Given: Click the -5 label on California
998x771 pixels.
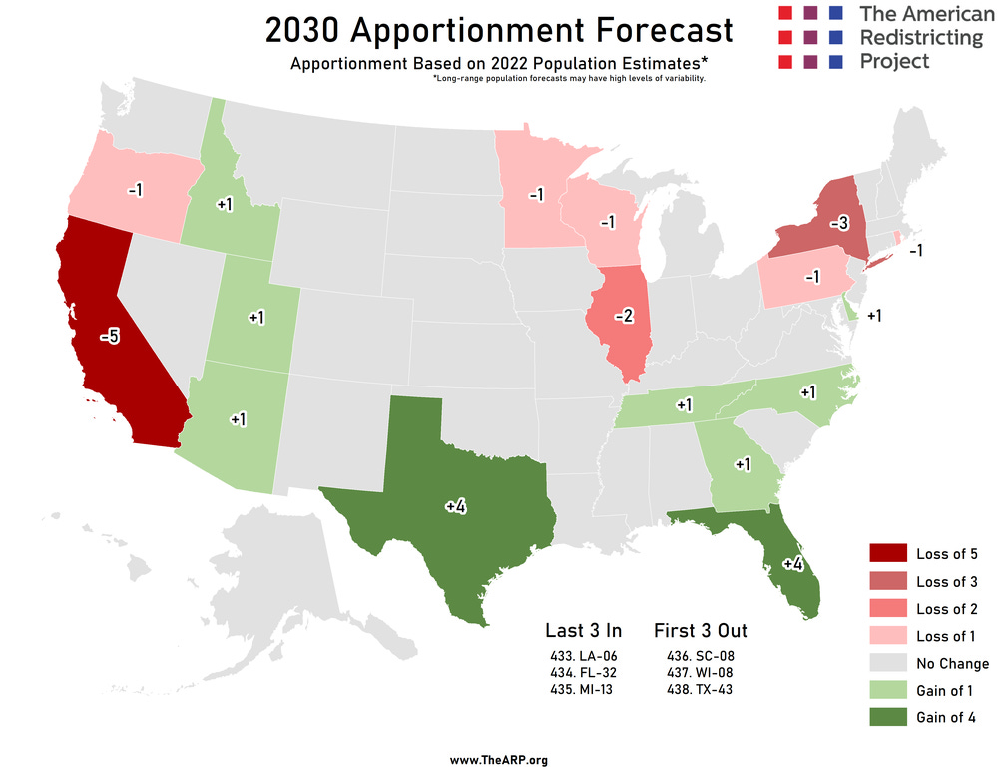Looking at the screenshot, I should point(110,337).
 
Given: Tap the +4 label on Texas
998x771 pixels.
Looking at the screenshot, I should point(456,507).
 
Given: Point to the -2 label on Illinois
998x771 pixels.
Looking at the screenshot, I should point(623,317).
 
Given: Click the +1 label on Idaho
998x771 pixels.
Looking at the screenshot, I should point(225,204).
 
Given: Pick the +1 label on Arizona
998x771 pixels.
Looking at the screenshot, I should point(238,419).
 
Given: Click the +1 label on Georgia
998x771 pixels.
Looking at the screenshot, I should point(743,464).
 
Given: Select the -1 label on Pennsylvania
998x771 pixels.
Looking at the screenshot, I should point(811,277).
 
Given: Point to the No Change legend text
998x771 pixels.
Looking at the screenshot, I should point(952,663).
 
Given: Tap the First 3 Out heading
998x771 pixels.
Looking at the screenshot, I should point(700,630).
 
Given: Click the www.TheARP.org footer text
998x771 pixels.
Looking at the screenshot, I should point(498,760).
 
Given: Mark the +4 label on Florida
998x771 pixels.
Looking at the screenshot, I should point(793,564).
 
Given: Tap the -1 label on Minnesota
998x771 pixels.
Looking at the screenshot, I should point(535,194).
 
